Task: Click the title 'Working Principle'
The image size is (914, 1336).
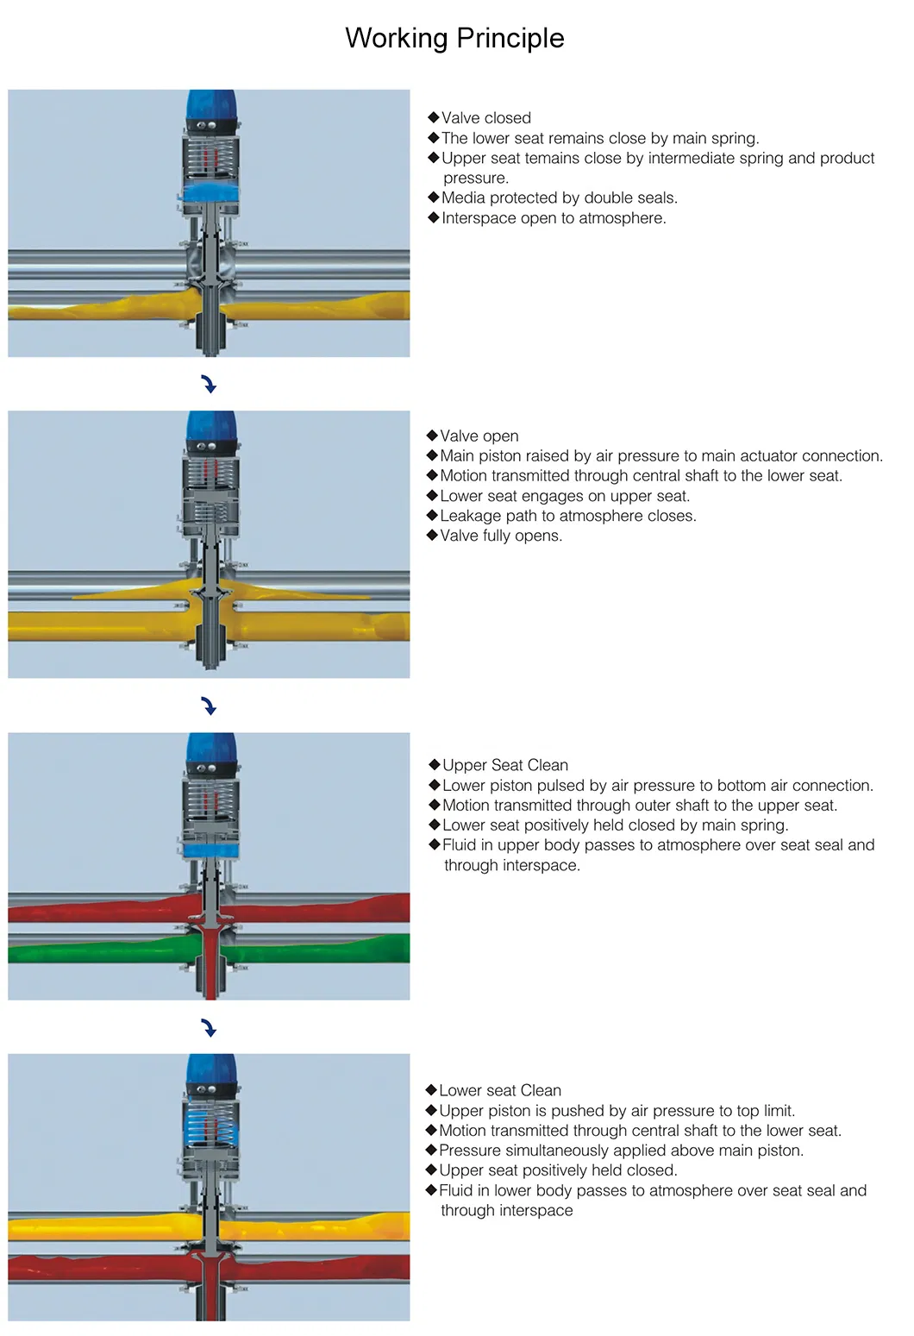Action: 454,38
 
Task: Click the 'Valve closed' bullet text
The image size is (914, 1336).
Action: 485,118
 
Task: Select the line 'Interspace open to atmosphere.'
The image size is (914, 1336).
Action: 553,218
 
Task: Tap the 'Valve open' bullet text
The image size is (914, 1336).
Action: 479,436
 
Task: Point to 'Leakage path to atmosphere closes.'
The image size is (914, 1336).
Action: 567,516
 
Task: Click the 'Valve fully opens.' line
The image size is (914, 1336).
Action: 500,536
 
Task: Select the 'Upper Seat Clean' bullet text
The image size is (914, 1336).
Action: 504,765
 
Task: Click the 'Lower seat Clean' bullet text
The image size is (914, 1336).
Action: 499,1090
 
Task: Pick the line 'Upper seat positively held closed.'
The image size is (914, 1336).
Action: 558,1170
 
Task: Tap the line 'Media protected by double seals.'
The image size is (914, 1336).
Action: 559,198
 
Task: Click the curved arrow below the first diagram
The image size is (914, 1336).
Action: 209,384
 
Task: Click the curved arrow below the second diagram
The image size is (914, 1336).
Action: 209,706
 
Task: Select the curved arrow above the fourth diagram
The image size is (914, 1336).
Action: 209,1027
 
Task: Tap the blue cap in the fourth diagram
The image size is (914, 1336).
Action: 210,1068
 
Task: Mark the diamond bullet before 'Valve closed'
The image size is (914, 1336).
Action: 433,117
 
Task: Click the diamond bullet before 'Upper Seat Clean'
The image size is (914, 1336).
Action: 435,764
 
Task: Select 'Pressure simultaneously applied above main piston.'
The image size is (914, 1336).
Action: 621,1151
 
